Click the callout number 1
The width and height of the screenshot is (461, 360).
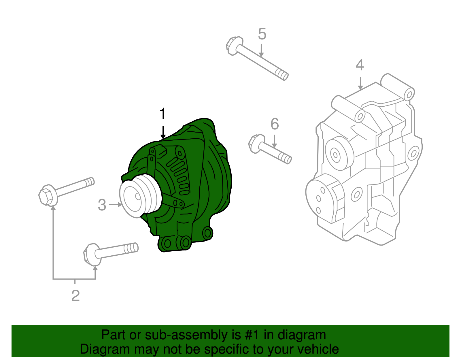pos(163,114)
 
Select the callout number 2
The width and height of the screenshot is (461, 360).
pos(75,296)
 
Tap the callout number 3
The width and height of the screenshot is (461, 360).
pos(102,205)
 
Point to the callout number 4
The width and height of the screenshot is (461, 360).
pos(360,65)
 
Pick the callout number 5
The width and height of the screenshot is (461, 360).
pos(262,34)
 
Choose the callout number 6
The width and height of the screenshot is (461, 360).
pos(275,124)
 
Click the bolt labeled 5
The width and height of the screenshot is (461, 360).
pos(259,61)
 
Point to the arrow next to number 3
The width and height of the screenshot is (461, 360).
pos(116,205)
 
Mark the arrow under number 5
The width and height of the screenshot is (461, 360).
pos(261,50)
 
